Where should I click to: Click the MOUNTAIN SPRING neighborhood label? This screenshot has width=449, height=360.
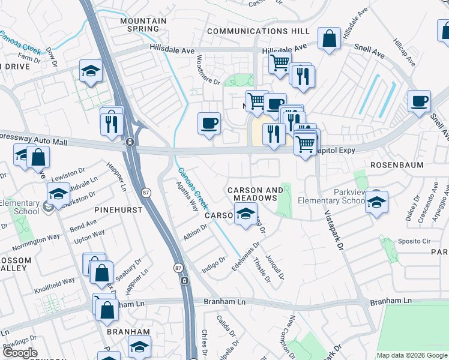(x=143, y=25)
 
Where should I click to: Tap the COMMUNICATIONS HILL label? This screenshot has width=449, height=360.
(x=258, y=31)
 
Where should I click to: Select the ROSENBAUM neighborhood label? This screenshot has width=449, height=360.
(x=397, y=164)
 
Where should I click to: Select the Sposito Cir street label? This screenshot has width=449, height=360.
(x=414, y=241)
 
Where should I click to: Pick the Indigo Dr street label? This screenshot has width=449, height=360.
(x=213, y=263)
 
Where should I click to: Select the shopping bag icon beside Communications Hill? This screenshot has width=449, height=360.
(x=330, y=39)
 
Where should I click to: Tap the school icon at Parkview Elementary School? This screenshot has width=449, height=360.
(x=376, y=202)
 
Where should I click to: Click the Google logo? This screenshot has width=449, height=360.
(x=20, y=353)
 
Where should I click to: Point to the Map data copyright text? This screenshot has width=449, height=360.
(x=411, y=355)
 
